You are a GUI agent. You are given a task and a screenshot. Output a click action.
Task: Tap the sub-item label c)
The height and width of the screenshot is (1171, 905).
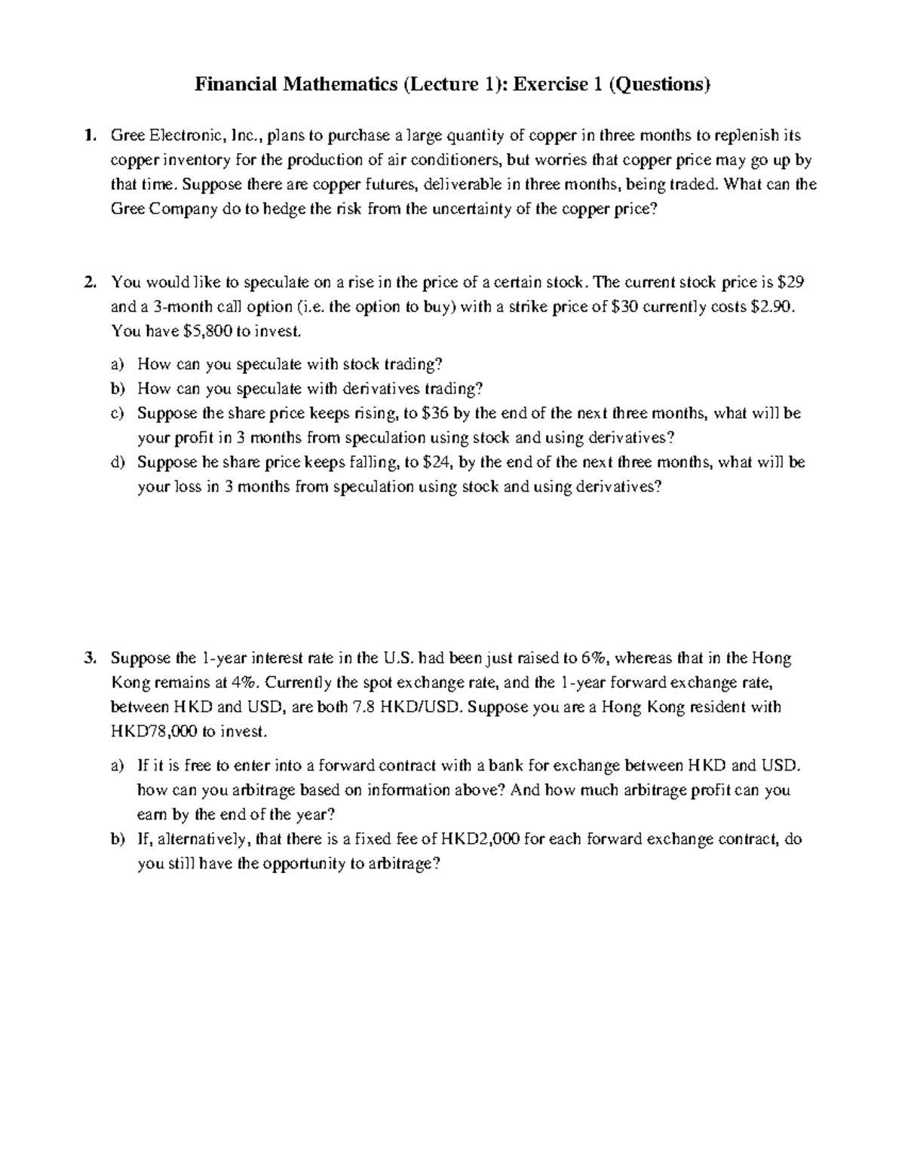click(116, 413)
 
